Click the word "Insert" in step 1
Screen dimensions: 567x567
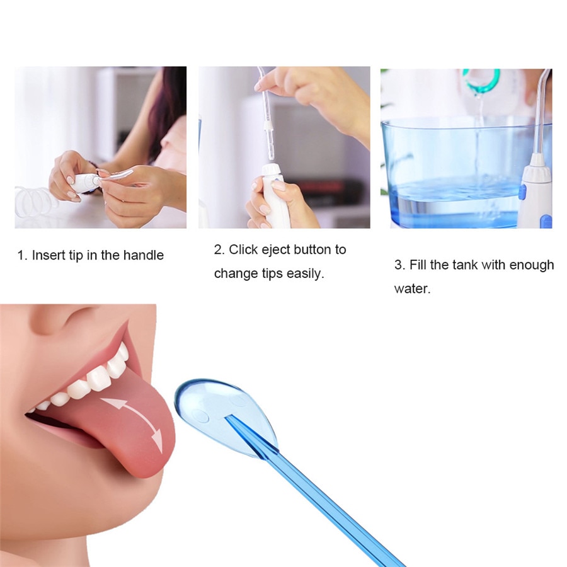click(48, 255)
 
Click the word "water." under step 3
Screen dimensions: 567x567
click(412, 289)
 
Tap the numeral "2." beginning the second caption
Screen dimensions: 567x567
click(219, 249)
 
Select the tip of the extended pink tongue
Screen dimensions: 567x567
click(154, 463)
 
